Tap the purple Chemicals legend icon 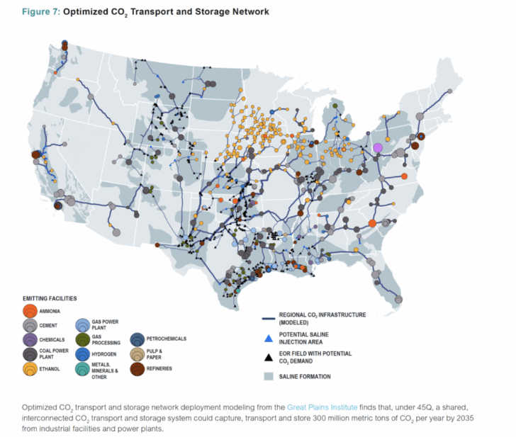(x=30, y=339)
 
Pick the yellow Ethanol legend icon (x=30, y=368)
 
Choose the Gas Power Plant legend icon (x=82, y=325)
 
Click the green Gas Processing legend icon (x=82, y=339)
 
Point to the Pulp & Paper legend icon (x=135, y=353)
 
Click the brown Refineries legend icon (x=135, y=368)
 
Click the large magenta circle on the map (x=377, y=147)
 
